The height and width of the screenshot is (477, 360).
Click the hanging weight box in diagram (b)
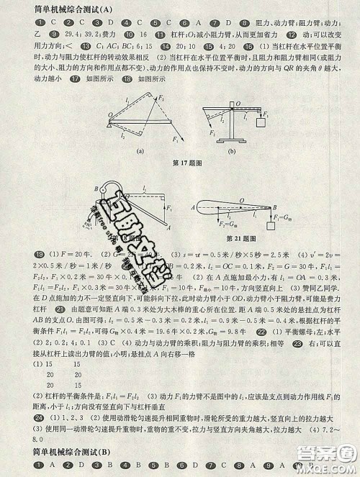click(265, 123)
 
